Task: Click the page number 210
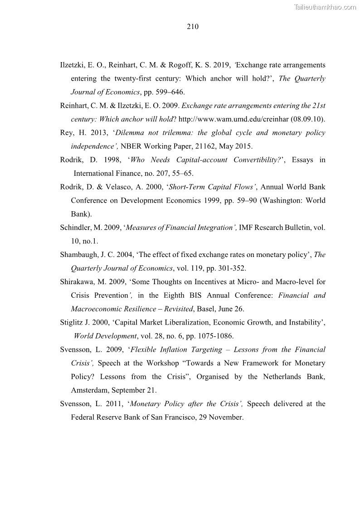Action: (192, 27)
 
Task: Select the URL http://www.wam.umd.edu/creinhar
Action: (238, 119)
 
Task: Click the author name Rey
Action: (67, 133)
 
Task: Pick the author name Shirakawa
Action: (78, 282)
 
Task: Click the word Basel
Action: (209, 309)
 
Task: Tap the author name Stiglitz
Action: (73, 323)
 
